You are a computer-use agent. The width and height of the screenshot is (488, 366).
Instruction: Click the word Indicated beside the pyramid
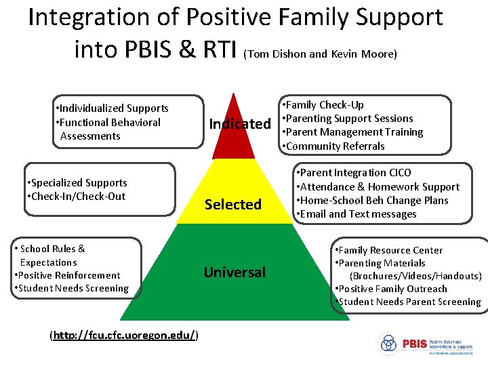pyautogui.click(x=239, y=124)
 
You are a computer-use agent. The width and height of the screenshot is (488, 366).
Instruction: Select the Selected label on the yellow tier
pyautogui.click(x=233, y=204)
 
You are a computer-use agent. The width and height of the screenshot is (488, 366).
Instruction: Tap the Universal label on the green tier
pyautogui.click(x=235, y=272)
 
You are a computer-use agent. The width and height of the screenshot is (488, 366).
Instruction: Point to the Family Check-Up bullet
pyautogui.click(x=323, y=105)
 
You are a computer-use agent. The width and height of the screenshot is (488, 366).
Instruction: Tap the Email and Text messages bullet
pyautogui.click(x=357, y=214)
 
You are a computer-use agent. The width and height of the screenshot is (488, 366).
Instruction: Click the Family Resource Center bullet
pyautogui.click(x=389, y=250)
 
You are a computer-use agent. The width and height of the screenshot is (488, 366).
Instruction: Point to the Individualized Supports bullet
pyautogui.click(x=113, y=108)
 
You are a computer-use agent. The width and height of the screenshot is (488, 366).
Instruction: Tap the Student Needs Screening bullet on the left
pyautogui.click(x=71, y=288)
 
